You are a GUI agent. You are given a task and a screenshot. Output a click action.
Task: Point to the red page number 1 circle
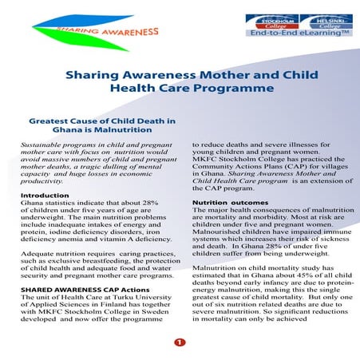[x=180, y=342]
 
